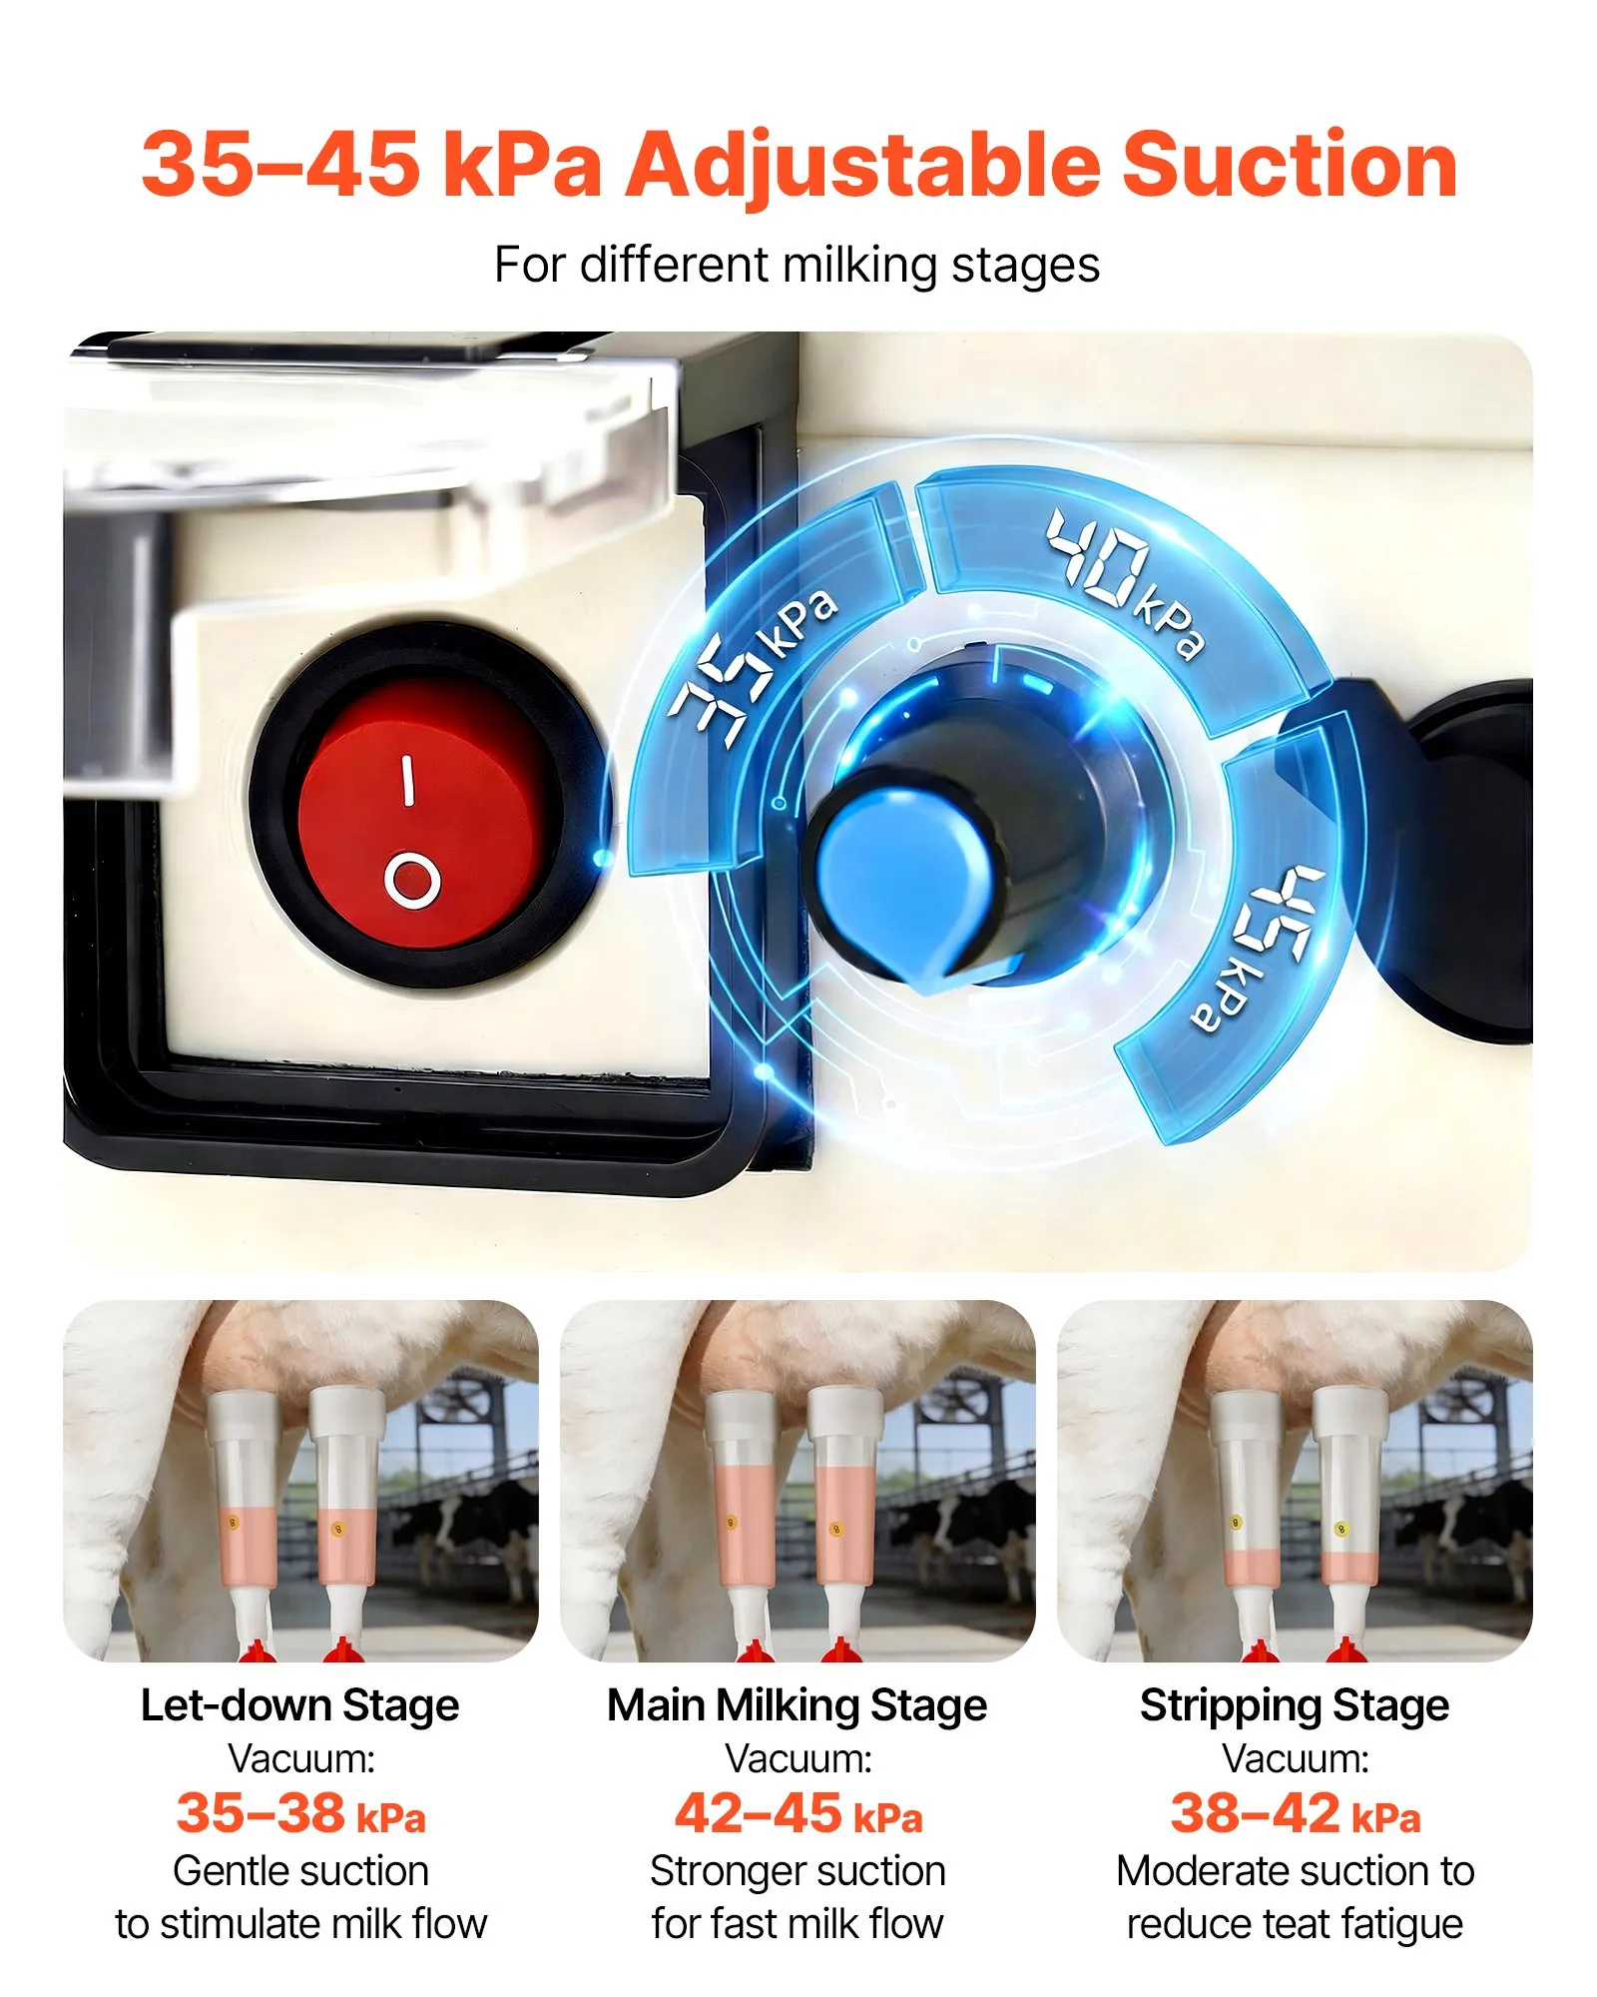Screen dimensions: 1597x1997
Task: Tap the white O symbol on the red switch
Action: click(x=412, y=880)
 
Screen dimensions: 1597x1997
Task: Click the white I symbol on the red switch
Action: click(x=407, y=780)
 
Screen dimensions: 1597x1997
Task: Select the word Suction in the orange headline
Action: click(x=1290, y=164)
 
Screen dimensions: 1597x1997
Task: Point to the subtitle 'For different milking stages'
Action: click(x=797, y=266)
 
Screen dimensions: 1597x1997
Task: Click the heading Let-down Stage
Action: click(x=299, y=1704)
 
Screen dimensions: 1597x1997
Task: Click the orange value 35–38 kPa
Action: click(x=300, y=1813)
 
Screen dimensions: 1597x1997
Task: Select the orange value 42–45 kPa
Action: click(x=798, y=1813)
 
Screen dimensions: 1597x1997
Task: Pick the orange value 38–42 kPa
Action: click(x=1296, y=1813)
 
